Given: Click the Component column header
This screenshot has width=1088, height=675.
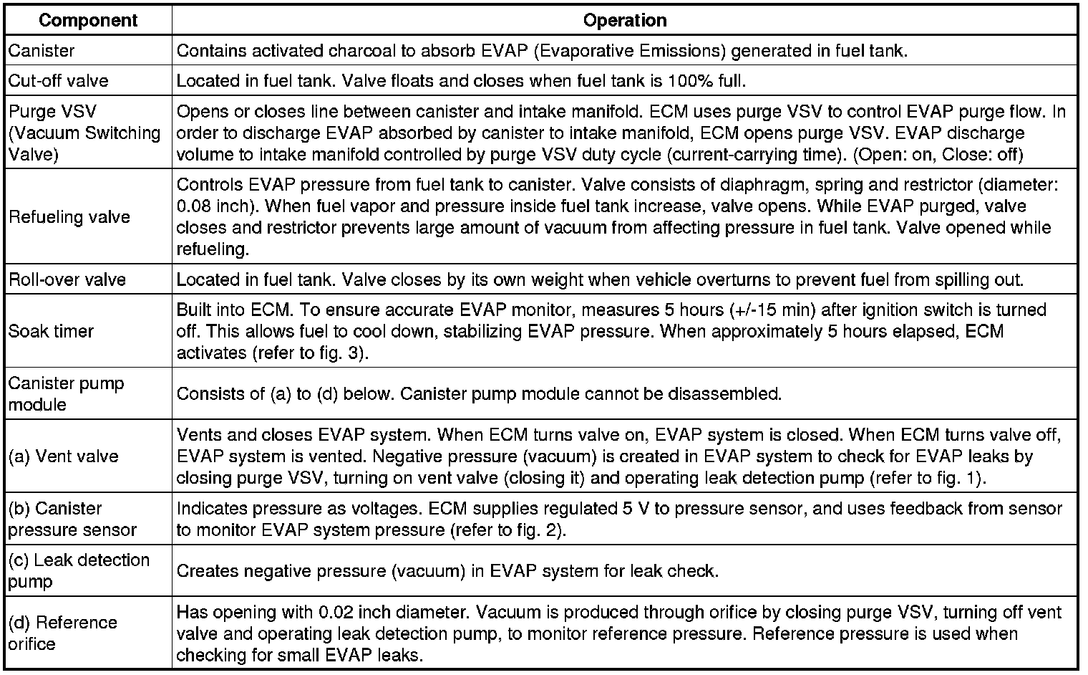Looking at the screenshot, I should [87, 20].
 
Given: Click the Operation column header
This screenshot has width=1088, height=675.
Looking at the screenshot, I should [625, 20].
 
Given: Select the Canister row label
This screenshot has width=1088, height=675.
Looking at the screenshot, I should [42, 51].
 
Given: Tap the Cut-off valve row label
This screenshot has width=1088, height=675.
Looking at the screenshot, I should [59, 80].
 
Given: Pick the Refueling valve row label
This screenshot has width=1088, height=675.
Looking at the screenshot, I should [69, 217].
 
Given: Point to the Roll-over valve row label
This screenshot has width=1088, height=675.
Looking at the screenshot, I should [67, 279].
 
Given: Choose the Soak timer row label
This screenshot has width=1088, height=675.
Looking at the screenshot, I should [52, 332].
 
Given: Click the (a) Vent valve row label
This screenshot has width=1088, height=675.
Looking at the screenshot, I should [63, 456].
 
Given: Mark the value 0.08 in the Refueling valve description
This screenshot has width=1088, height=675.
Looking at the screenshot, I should [193, 206].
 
